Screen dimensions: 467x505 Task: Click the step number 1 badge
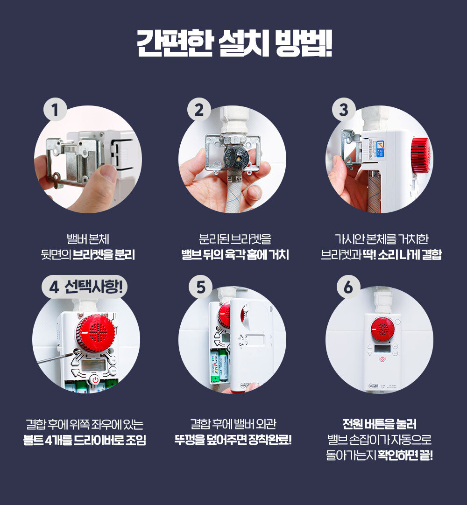pyautogui.click(x=55, y=110)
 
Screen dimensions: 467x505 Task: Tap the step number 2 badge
pyautogui.click(x=199, y=110)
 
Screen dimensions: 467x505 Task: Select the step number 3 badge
pyautogui.click(x=344, y=110)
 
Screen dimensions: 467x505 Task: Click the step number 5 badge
pyautogui.click(x=200, y=287)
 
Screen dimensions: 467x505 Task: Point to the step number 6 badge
pyautogui.click(x=348, y=287)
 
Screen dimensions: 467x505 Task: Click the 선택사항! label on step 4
pyautogui.click(x=93, y=287)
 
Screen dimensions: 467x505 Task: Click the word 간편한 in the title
pyautogui.click(x=175, y=43)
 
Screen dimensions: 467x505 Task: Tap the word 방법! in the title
pyautogui.click(x=304, y=43)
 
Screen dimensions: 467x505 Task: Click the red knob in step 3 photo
pyautogui.click(x=421, y=155)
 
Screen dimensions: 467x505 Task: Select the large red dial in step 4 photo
pyautogui.click(x=95, y=334)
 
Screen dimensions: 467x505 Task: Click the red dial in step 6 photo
pyautogui.click(x=382, y=329)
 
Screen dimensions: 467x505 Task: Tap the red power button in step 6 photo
pyautogui.click(x=382, y=359)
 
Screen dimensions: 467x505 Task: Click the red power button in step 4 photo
pyautogui.click(x=95, y=380)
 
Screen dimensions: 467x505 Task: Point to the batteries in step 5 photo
pyautogui.click(x=219, y=366)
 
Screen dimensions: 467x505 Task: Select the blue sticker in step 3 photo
pyautogui.click(x=381, y=148)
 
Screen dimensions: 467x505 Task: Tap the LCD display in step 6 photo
pyautogui.click(x=382, y=349)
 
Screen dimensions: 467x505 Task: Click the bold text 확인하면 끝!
pyautogui.click(x=405, y=455)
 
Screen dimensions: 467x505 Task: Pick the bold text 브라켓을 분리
pyautogui.click(x=104, y=255)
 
